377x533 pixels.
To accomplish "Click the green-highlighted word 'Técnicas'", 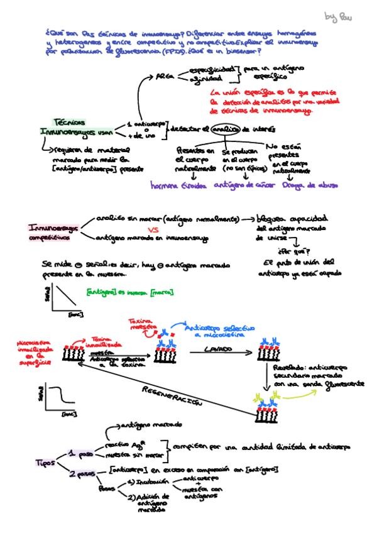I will click(68, 121).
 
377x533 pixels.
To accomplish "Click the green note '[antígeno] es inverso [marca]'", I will click(130, 292).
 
